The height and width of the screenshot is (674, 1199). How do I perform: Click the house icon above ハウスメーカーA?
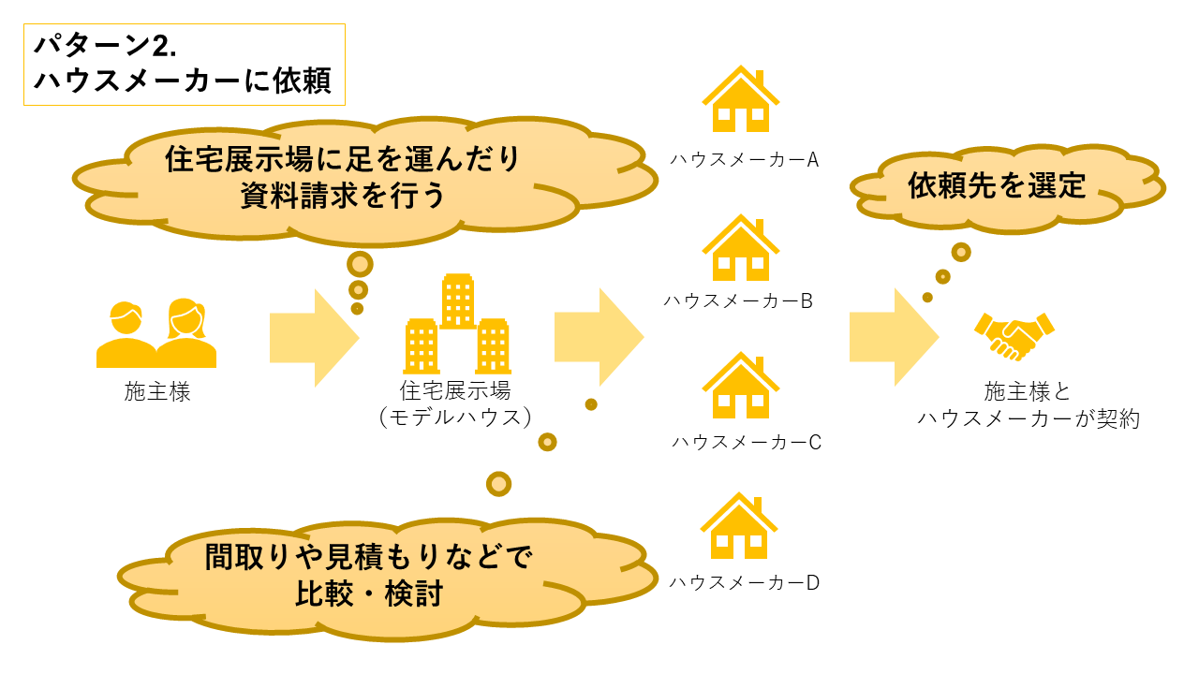741,100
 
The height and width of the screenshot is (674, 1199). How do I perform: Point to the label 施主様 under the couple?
157,392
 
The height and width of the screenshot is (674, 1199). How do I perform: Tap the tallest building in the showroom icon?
458,300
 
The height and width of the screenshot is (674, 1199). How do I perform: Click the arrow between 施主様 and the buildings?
314,337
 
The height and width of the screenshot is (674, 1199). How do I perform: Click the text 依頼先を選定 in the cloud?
997,185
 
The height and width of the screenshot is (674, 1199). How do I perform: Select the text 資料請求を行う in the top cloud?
342,196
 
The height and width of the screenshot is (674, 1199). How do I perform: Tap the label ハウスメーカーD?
745,583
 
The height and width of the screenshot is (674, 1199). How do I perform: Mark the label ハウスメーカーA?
745,160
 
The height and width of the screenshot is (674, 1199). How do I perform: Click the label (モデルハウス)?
456,418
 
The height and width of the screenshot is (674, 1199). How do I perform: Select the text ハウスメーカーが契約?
1029,418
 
